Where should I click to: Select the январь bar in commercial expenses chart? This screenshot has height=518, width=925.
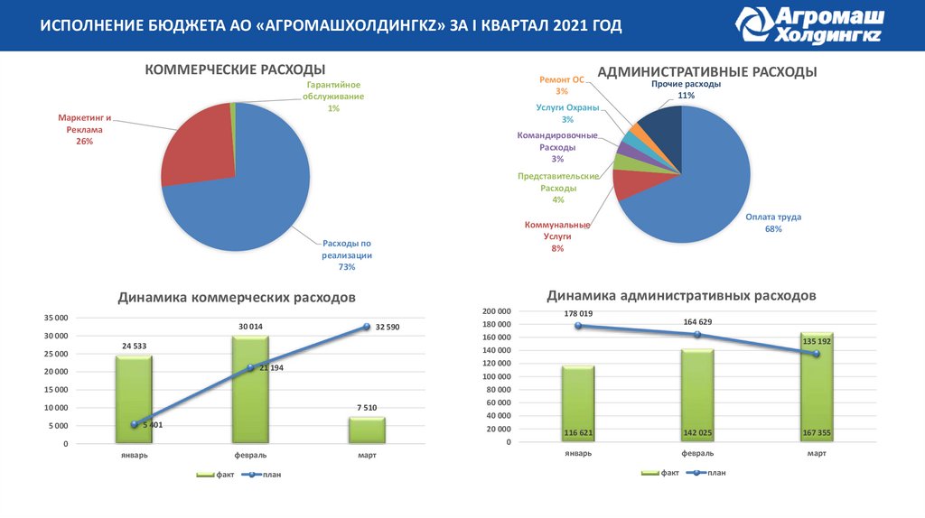pos(134,398)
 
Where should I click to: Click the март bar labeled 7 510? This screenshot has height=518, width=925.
pos(367,430)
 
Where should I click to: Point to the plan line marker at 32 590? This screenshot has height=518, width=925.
pos(367,327)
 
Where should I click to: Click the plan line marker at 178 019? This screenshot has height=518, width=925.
pos(577,325)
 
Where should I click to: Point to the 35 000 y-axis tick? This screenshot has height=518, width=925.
pos(55,318)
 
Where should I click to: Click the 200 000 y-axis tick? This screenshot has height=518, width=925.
pos(497,311)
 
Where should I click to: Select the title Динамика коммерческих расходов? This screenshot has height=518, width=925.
pos(237,297)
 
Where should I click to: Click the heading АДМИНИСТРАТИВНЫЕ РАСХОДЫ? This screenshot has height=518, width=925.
pos(707,71)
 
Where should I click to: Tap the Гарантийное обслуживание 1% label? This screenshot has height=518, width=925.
pos(333,96)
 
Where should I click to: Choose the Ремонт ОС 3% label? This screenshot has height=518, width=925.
pos(562,85)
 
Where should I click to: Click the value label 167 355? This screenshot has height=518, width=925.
pos(817,433)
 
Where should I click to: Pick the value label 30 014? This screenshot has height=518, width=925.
pos(250,326)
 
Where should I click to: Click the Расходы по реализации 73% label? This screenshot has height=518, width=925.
pos(347,254)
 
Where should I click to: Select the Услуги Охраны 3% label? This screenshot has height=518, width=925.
pos(567,114)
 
